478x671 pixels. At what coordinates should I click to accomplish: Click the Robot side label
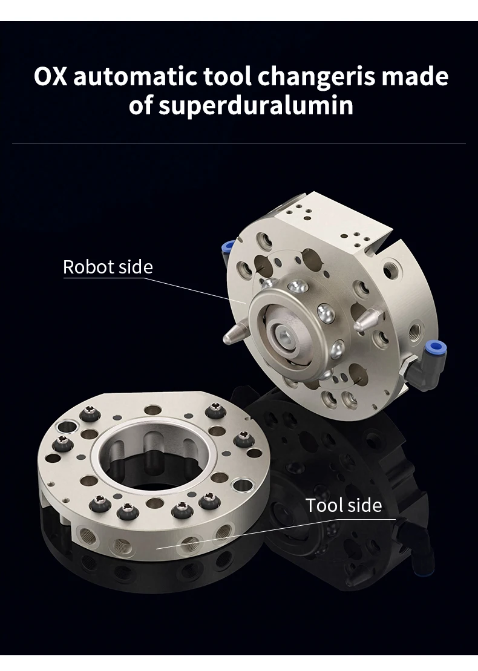click(x=108, y=267)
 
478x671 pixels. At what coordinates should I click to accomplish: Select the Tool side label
click(x=343, y=505)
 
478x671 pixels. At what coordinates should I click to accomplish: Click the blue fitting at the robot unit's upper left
click(x=228, y=247)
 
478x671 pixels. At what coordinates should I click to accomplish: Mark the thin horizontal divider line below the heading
click(x=239, y=144)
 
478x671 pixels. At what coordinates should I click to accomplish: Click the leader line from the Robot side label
click(x=200, y=290)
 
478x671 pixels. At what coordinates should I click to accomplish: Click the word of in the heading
click(x=141, y=106)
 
